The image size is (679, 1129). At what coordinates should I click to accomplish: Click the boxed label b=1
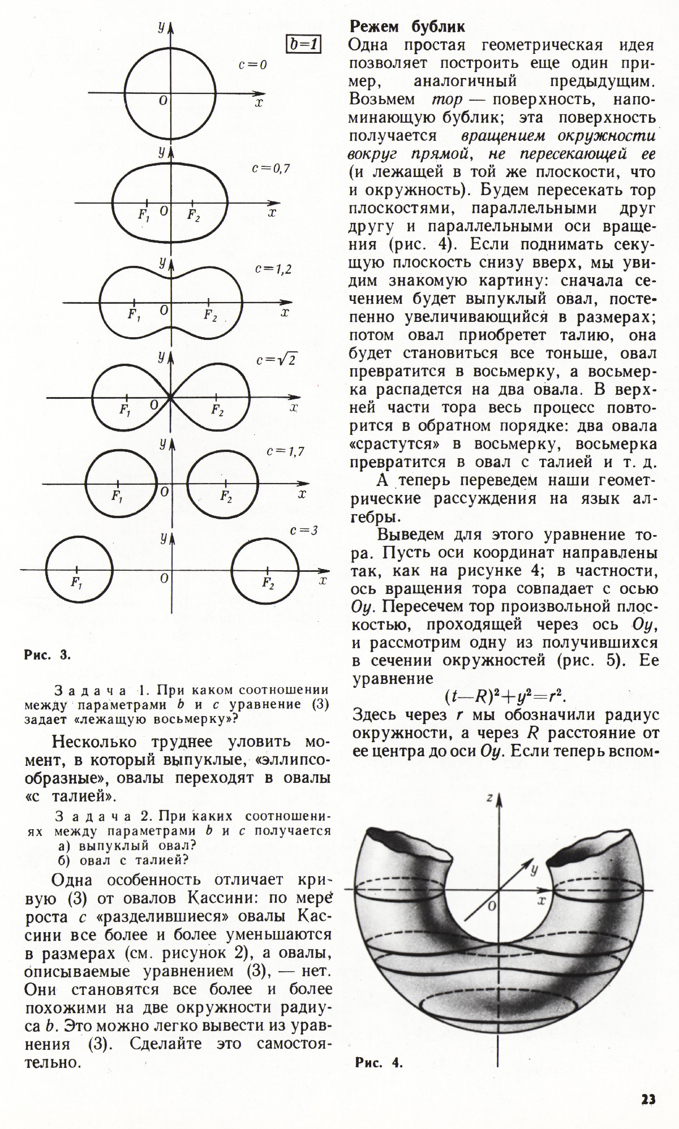point(303,44)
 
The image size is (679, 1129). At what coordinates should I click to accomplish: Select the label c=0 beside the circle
point(252,65)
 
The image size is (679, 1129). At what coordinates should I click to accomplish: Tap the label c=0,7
point(270,168)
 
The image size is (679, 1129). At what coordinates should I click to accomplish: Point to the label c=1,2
point(273,269)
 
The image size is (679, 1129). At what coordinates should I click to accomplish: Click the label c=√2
point(277,360)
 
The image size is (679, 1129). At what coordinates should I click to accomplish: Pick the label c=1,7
point(285,451)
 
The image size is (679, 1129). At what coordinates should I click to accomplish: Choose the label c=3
point(303,531)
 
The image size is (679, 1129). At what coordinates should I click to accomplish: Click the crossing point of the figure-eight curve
point(170,398)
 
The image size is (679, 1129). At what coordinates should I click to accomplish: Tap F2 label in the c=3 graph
point(268,583)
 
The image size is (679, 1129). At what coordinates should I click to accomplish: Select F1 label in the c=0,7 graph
point(144,215)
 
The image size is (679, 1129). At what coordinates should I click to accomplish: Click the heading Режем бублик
point(407,26)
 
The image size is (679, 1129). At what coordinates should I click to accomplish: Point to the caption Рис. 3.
point(47,655)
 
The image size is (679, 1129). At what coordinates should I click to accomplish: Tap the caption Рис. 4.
point(379,1062)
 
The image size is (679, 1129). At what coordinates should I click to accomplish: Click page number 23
point(648,1099)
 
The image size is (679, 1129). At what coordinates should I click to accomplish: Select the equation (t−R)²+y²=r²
point(506,695)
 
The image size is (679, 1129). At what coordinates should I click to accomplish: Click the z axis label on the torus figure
point(489,798)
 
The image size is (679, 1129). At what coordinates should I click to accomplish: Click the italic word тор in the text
point(447,100)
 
